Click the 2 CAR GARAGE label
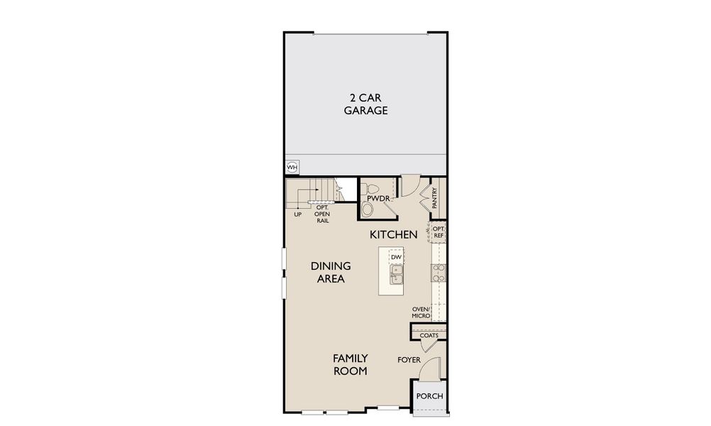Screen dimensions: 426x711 (x=365, y=104)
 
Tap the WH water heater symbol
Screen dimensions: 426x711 (x=292, y=168)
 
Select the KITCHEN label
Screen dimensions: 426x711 (x=392, y=234)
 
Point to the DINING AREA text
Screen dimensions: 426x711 (x=331, y=272)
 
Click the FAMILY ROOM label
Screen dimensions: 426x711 (x=351, y=364)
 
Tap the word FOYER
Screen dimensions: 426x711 (x=409, y=360)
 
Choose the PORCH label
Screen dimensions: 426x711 (x=429, y=396)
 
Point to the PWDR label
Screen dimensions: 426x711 (x=378, y=199)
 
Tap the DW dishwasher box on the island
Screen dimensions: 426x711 (x=396, y=256)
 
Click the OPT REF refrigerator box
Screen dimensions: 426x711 (x=439, y=232)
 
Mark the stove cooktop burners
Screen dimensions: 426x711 (x=439, y=273)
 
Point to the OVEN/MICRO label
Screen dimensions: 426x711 (x=421, y=312)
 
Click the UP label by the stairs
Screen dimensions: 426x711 (x=298, y=214)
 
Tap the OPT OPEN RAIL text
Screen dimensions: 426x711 (x=321, y=214)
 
